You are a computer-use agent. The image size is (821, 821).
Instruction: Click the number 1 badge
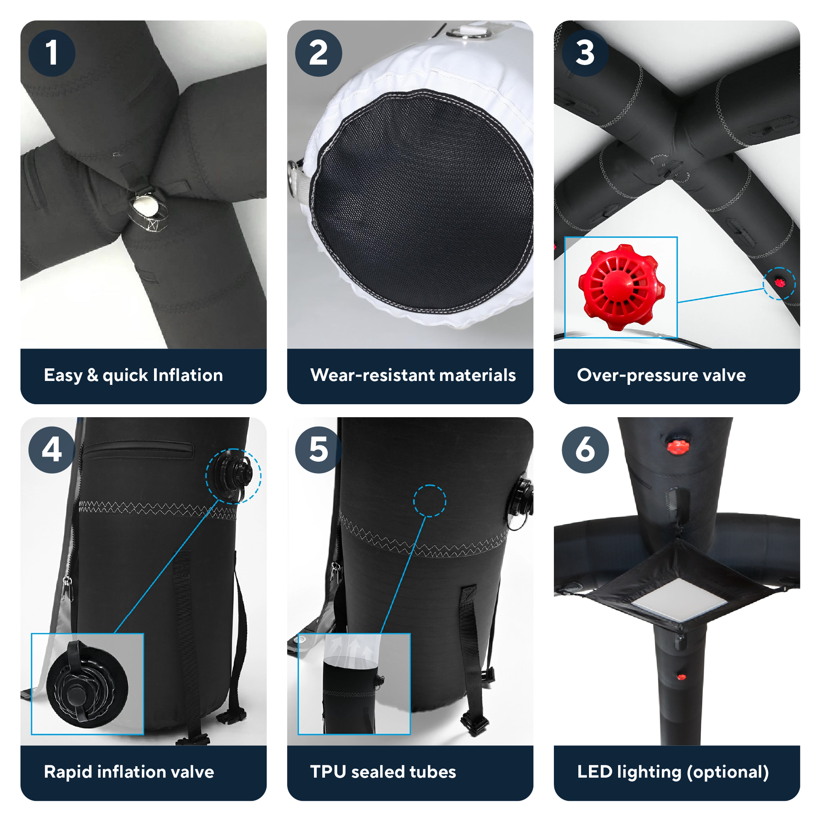(52, 53)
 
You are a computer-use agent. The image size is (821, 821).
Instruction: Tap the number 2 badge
(318, 53)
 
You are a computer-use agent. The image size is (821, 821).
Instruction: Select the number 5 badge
(318, 450)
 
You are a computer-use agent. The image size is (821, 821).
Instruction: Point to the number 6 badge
(585, 450)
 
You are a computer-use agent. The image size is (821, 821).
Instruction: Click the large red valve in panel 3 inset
(621, 287)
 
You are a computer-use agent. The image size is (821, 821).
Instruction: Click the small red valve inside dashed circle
(779, 283)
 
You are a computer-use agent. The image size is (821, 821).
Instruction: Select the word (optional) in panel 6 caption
(727, 772)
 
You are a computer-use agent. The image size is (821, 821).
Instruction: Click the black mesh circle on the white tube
(421, 200)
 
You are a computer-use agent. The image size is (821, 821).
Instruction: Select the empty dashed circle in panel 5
(429, 501)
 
